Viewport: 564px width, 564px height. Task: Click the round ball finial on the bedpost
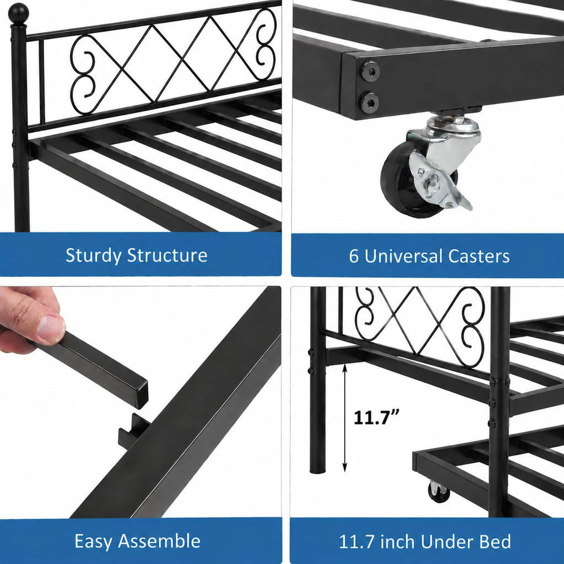[x=18, y=13]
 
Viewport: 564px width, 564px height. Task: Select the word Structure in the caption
[x=167, y=255]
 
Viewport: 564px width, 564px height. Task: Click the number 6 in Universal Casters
[x=354, y=257]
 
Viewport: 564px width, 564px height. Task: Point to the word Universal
[x=404, y=257]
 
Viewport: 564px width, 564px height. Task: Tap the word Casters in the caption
[x=479, y=257]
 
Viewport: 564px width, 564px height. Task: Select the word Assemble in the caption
[x=159, y=541]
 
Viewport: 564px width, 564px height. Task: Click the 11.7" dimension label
[x=376, y=418]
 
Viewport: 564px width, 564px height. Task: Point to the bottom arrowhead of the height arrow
[x=345, y=467]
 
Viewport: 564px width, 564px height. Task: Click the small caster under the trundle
[x=439, y=492]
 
